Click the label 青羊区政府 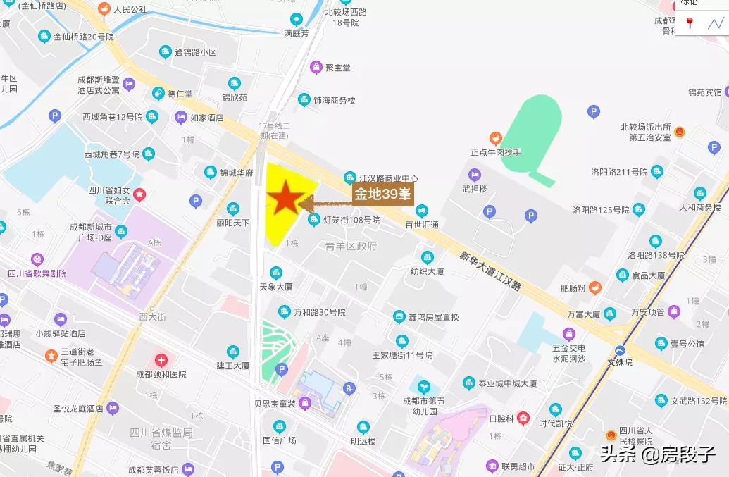(x=351, y=246)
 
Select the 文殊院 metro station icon (x=620, y=350)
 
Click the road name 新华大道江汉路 (x=490, y=271)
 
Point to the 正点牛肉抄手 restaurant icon (x=496, y=138)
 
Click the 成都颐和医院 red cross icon (x=161, y=360)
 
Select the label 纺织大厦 (x=428, y=271)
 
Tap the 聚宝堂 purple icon (x=316, y=68)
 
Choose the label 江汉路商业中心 (x=388, y=178)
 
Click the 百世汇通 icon (x=421, y=210)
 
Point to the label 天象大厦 (x=276, y=287)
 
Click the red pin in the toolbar (x=690, y=23)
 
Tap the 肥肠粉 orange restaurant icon (x=595, y=287)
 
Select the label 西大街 (x=152, y=318)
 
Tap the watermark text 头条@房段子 (x=658, y=454)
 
